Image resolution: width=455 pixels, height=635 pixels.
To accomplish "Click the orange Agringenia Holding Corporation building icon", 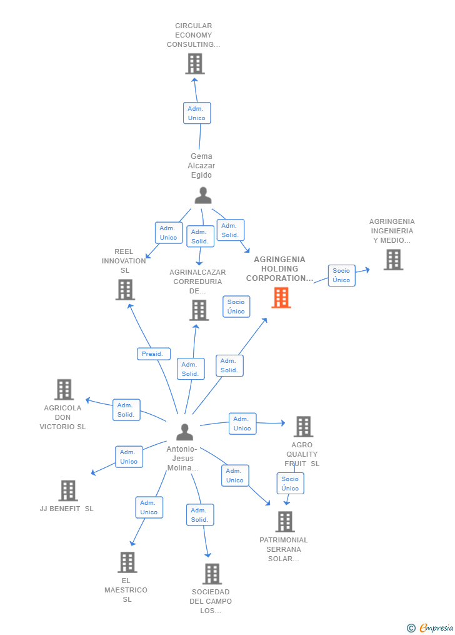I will [x=281, y=298].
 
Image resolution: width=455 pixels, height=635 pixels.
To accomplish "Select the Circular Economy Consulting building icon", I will [x=195, y=64].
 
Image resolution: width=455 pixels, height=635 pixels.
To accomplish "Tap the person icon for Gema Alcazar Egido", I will [x=203, y=196].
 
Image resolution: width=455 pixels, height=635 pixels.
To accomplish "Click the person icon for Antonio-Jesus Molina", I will [x=184, y=432].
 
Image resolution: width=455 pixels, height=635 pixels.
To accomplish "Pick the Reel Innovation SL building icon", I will [x=125, y=290].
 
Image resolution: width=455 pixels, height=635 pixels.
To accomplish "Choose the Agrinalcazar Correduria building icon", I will [x=199, y=310].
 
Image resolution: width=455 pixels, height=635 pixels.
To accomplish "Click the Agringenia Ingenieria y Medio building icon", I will [x=393, y=260].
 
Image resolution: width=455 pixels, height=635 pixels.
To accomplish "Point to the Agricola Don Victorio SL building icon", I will [x=64, y=390].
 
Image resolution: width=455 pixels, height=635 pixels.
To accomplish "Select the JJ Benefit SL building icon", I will [x=68, y=491].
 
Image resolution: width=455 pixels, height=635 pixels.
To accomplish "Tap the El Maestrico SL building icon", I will [x=127, y=562].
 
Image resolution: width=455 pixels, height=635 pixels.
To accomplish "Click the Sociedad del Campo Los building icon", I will [x=212, y=574].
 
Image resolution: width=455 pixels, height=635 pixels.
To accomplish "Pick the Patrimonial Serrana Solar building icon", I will [x=285, y=522].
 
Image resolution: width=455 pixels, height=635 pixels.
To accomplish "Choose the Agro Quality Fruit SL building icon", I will [x=303, y=427].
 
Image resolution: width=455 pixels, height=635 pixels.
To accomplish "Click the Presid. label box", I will [x=154, y=353].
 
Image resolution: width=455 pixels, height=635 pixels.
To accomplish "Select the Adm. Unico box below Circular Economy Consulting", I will [x=197, y=113].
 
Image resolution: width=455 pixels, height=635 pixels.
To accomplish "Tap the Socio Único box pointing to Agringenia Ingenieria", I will [x=341, y=275].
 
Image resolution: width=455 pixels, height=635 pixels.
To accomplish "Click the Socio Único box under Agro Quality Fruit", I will [x=290, y=484].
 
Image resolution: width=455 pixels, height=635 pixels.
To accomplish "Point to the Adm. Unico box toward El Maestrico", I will [x=149, y=507].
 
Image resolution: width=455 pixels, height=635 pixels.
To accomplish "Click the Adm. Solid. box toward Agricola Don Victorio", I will [x=126, y=410].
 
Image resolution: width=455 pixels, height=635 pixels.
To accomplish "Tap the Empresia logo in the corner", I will [x=431, y=627].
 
